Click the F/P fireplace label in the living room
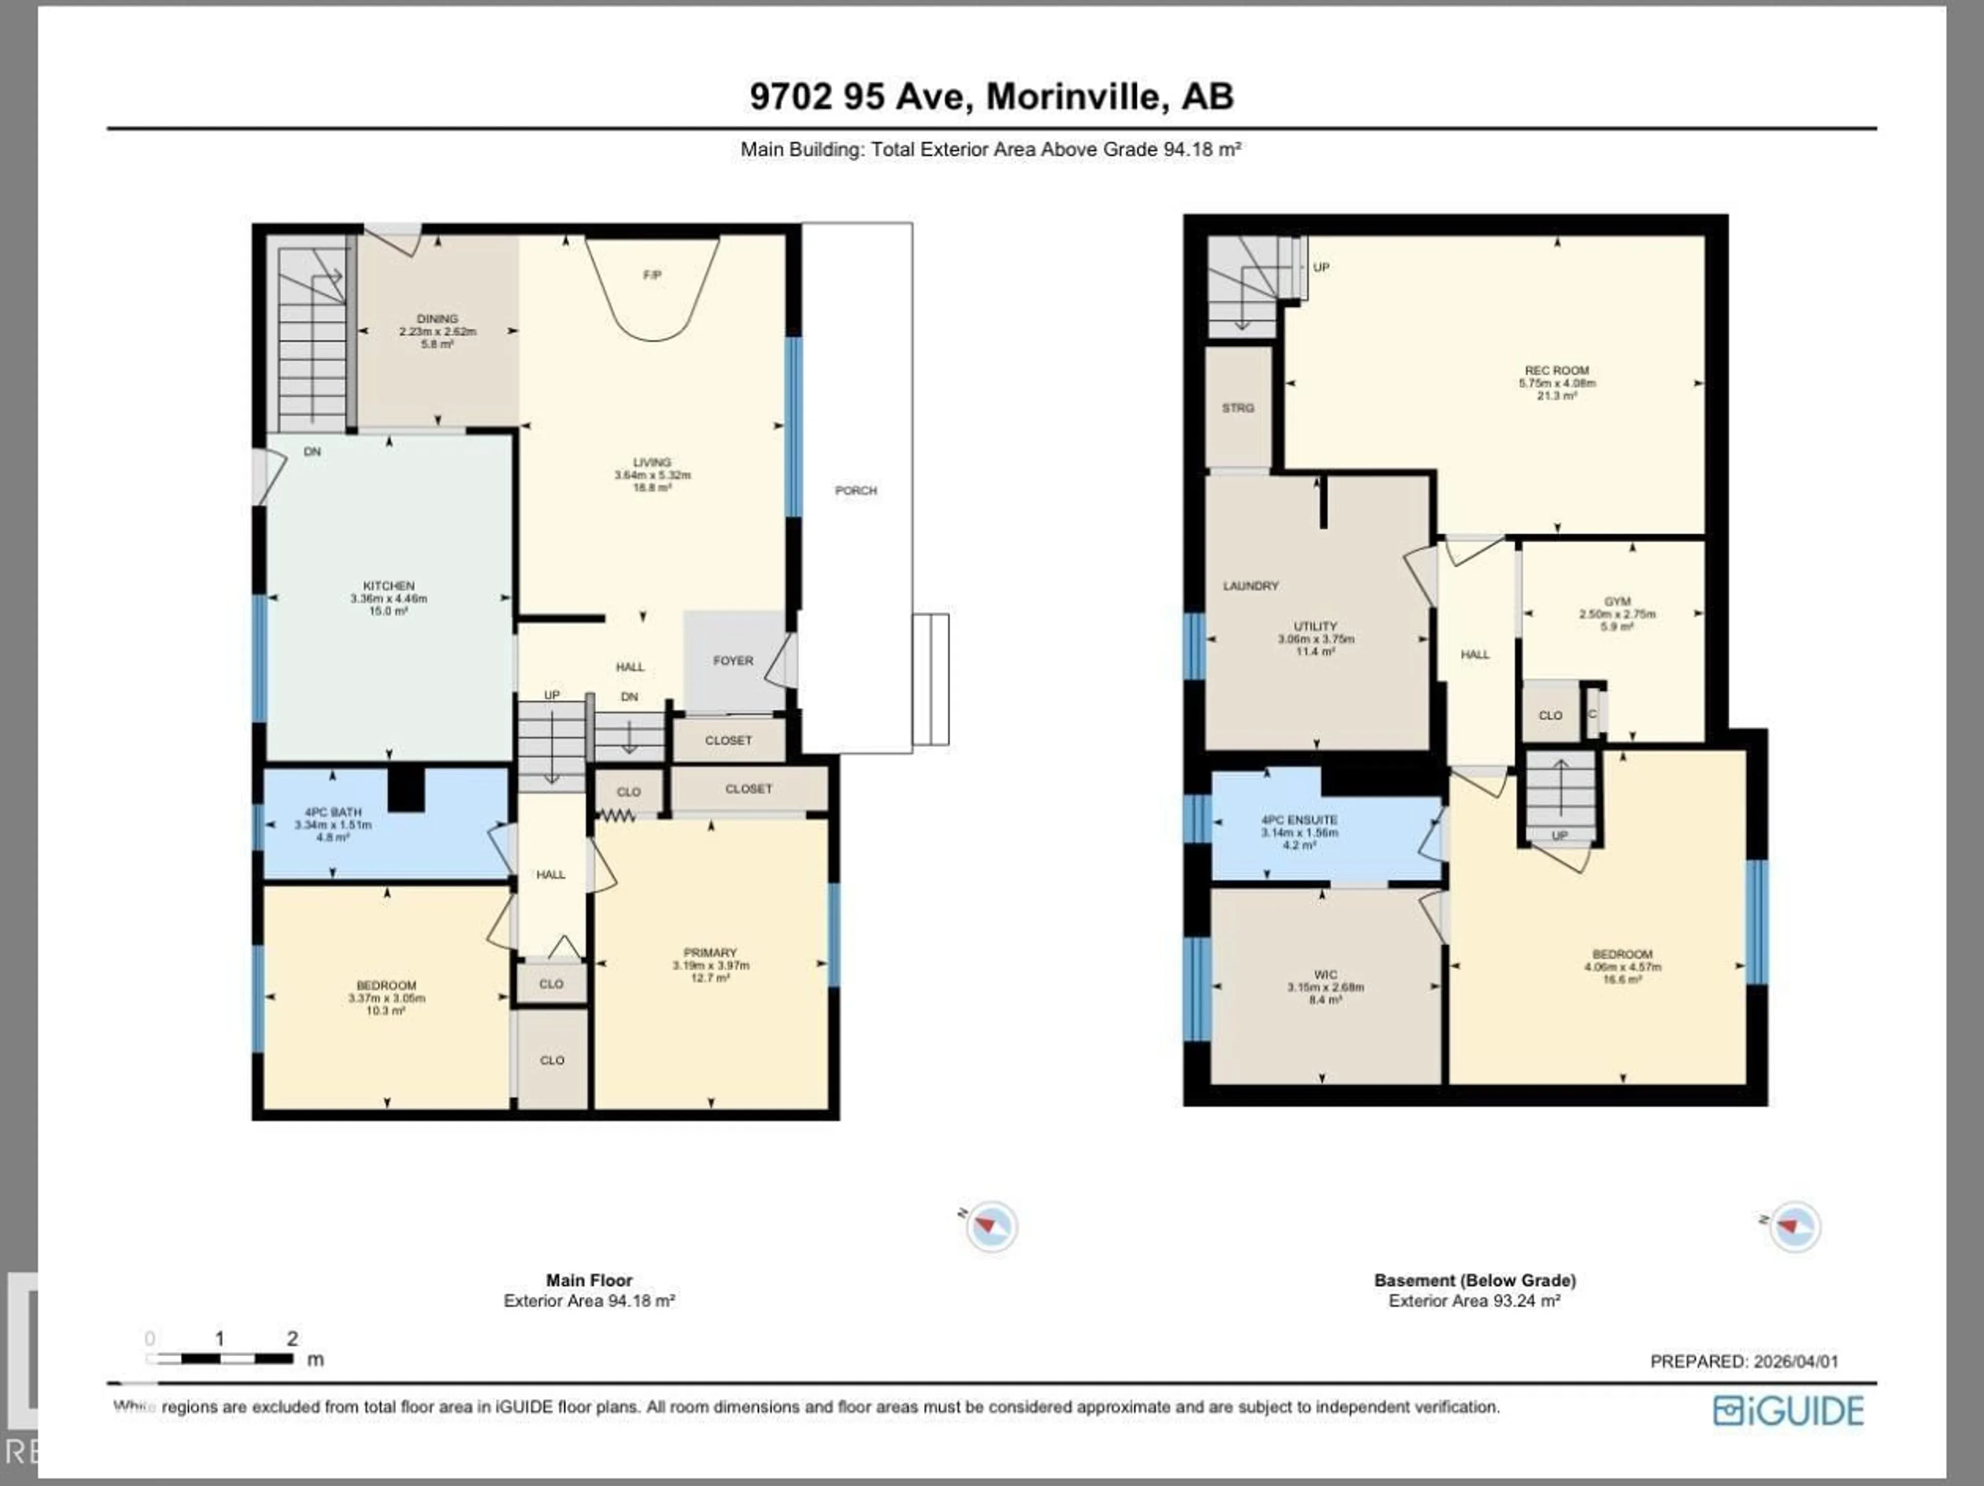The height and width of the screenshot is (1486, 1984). pos(652,275)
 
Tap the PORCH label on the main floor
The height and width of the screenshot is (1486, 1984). pos(856,491)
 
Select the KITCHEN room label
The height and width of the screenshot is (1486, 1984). pos(389,586)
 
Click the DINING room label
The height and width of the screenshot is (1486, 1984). pos(437,318)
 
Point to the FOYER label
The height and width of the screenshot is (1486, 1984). pos(733,660)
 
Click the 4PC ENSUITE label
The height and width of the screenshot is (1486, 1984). pos(1299,820)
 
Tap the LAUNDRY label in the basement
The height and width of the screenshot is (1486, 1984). pos(1250,586)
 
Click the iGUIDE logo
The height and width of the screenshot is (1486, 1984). pos(1788,1411)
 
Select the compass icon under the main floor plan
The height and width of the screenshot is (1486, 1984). pos(991,1226)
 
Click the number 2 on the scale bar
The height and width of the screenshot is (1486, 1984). pos(292,1339)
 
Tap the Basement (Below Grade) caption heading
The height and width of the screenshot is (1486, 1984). pos(1475,1280)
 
